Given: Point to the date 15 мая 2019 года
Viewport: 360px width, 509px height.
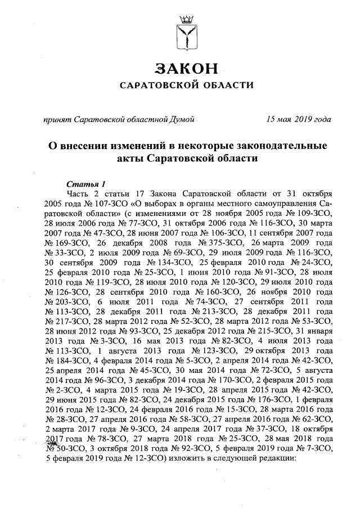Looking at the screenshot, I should click(x=299, y=119).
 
